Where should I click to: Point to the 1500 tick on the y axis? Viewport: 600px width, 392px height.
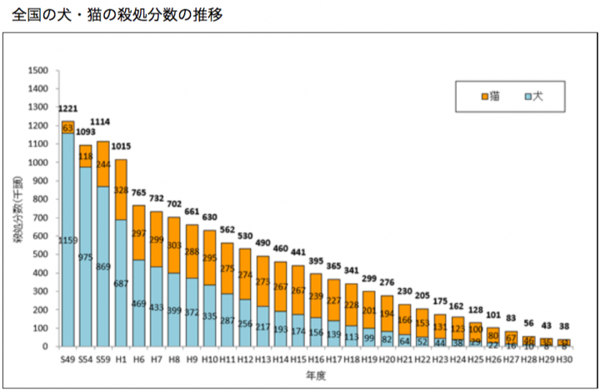[37, 70]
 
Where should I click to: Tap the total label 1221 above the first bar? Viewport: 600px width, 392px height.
[67, 109]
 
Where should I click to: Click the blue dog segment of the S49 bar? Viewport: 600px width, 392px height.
[67, 250]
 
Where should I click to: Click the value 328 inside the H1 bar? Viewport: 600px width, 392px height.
[121, 191]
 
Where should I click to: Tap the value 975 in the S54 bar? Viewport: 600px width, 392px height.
[86, 258]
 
